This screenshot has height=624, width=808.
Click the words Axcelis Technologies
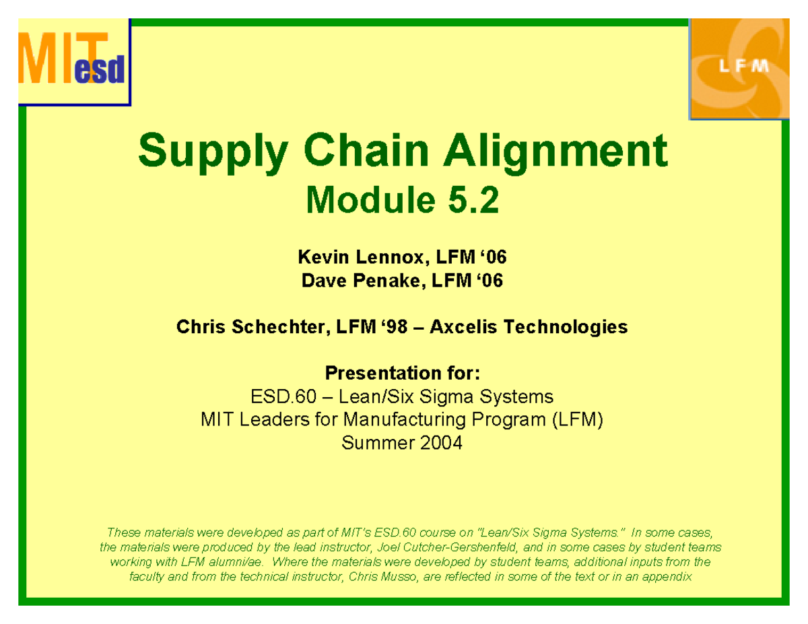pos(529,328)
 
